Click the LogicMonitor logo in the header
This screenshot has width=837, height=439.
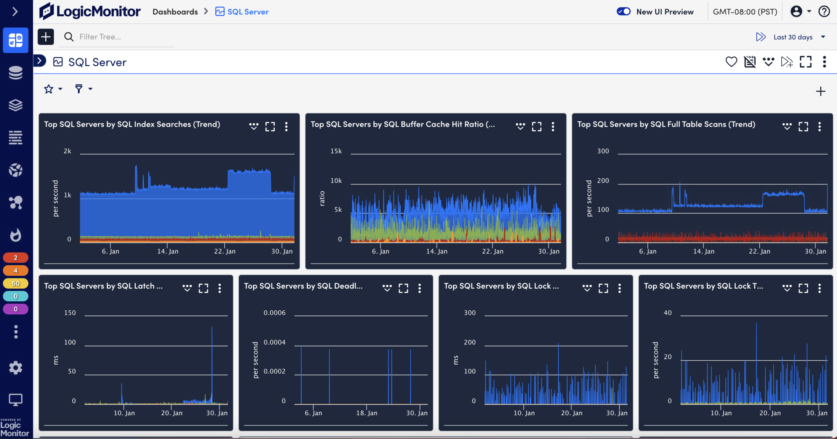(90, 11)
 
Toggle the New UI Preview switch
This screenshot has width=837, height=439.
(624, 11)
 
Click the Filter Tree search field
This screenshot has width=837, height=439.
(123, 37)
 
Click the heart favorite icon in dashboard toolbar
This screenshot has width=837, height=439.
(731, 62)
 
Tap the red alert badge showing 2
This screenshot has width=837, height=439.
(16, 258)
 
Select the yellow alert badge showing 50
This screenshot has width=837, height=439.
(16, 283)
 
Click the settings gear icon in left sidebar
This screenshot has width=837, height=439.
(16, 367)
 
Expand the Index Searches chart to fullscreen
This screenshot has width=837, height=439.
(270, 126)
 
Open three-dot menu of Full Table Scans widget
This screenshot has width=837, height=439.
(819, 126)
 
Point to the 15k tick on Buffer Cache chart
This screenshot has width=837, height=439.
(336, 151)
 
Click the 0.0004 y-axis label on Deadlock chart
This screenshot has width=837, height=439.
(274, 343)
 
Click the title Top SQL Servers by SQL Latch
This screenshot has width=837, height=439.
(103, 286)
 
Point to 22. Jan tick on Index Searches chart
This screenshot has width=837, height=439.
(225, 251)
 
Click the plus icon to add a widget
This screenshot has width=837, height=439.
(820, 91)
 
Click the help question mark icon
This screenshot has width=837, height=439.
(824, 11)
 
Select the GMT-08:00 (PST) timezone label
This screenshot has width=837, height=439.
(745, 12)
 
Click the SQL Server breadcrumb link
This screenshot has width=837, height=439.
(248, 12)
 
